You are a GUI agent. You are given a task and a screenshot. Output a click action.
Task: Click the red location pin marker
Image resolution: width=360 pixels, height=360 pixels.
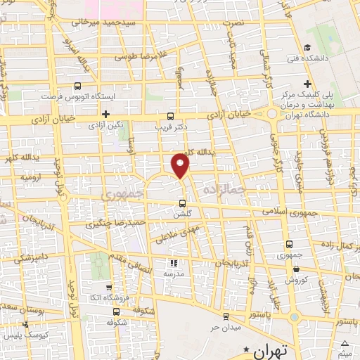181,166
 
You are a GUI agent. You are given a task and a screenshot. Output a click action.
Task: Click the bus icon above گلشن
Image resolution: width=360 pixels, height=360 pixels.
183,203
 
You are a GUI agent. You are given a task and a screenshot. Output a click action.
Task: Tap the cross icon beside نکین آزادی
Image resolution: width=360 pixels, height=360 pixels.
105,114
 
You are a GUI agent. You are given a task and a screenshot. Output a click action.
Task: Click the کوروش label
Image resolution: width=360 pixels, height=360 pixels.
297,279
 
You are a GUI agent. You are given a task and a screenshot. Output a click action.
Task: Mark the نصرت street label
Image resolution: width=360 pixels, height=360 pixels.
233,23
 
